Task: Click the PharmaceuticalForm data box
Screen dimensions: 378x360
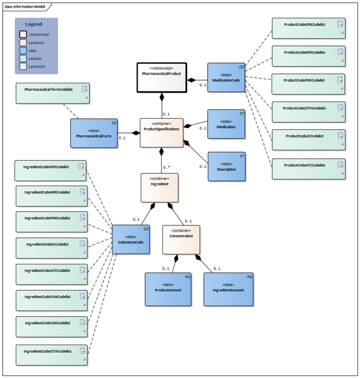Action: click(x=93, y=132)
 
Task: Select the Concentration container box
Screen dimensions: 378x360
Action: click(x=181, y=239)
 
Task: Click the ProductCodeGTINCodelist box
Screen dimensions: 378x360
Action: click(x=308, y=111)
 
